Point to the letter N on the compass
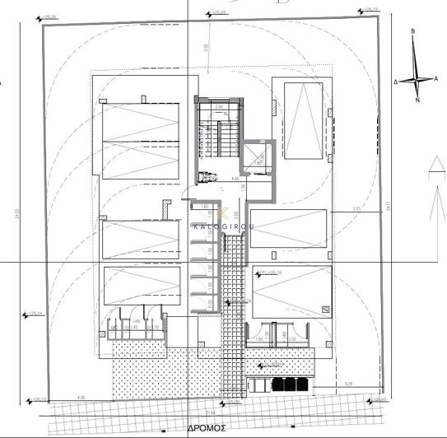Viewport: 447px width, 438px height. pos(417,100)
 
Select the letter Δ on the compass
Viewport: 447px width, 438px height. pos(396,82)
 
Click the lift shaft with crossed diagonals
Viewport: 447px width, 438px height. pos(257,156)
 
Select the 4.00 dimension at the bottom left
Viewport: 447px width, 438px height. pos(81,398)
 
